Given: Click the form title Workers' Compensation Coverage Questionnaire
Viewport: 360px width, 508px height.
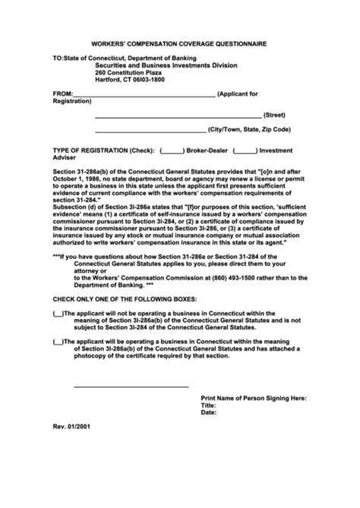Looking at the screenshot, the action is click(179, 45).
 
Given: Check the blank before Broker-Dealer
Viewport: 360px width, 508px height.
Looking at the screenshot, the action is click(172, 150).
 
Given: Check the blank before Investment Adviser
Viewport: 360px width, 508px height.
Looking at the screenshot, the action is click(245, 150).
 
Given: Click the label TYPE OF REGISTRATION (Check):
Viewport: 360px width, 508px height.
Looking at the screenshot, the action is click(103, 150).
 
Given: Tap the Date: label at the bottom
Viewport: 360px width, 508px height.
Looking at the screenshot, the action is click(209, 413).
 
